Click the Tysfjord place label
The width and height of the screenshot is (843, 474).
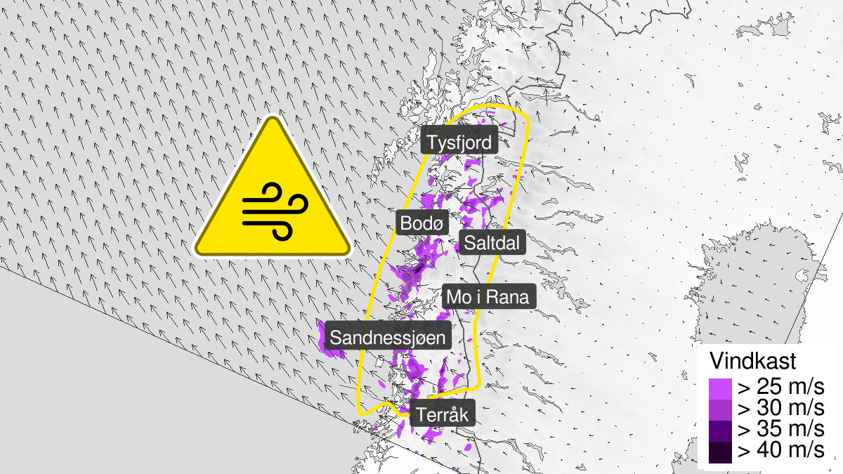(460, 143)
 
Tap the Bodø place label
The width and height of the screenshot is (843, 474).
(421, 223)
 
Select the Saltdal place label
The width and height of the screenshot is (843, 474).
(492, 243)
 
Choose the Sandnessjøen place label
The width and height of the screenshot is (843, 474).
(388, 338)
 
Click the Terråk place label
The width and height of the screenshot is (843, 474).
(442, 414)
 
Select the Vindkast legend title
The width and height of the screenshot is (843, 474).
(752, 362)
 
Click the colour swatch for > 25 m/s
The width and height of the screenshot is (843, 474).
(720, 388)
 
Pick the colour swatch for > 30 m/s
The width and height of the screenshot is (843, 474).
(720, 409)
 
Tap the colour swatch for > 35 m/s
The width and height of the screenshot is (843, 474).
(720, 430)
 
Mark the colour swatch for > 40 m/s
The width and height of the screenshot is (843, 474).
(720, 451)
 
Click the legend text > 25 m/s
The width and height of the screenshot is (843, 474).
(780, 387)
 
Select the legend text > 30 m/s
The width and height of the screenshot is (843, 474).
(780, 408)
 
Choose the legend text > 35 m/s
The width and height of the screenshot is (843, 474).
(780, 429)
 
